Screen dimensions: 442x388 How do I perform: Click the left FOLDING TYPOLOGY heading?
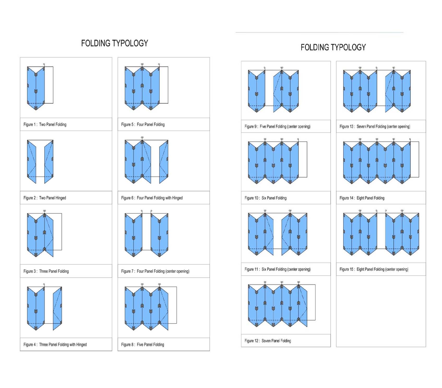[115, 43]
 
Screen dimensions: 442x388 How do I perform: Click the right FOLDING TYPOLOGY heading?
[333, 47]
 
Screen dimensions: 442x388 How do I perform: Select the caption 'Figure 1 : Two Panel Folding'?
[45, 124]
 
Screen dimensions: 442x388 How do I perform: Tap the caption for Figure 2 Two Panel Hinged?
[45, 198]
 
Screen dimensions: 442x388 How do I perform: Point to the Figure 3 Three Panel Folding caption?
[46, 271]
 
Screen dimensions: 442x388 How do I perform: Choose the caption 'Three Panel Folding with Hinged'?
[55, 344]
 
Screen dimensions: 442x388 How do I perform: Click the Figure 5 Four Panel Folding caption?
[143, 124]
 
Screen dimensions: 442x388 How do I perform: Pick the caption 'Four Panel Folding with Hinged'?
[152, 198]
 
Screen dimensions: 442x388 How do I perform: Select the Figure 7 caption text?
[155, 271]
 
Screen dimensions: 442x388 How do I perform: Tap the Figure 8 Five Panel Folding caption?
[142, 344]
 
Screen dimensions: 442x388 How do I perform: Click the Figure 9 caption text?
[277, 126]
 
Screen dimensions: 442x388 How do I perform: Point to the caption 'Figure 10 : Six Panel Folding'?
[265, 198]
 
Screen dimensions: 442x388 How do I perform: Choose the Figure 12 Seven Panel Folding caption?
[268, 341]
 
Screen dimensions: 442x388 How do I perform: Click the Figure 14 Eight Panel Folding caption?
[362, 198]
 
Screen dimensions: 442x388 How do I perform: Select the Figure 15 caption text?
[374, 269]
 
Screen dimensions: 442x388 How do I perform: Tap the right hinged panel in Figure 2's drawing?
[49, 162]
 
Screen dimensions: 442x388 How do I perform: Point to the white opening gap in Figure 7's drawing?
[146, 232]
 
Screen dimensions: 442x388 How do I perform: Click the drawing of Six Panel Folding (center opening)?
[278, 232]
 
